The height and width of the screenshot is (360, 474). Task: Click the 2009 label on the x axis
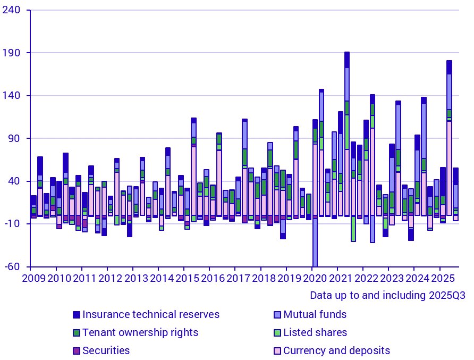(x=33, y=278)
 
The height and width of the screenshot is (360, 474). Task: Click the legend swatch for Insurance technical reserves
(x=77, y=315)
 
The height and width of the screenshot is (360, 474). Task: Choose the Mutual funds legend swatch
(x=277, y=315)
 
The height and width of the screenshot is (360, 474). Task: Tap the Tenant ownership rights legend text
(x=140, y=333)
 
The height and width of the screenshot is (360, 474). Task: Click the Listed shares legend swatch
(x=277, y=333)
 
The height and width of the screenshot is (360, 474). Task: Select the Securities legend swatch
(x=77, y=351)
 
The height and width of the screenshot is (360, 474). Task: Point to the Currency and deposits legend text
(x=336, y=351)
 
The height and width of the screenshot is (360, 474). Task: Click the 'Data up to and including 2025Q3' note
(x=387, y=295)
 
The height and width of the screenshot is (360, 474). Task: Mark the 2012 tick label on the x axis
(x=109, y=278)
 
